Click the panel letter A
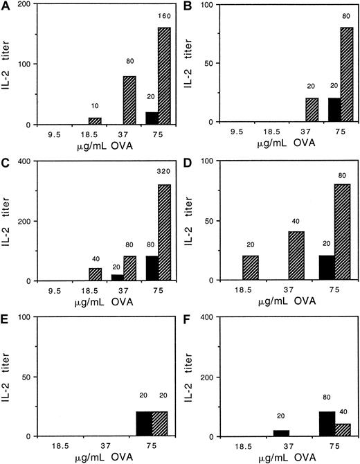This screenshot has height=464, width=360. tap(6, 7)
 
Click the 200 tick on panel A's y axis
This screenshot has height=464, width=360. tap(30, 5)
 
